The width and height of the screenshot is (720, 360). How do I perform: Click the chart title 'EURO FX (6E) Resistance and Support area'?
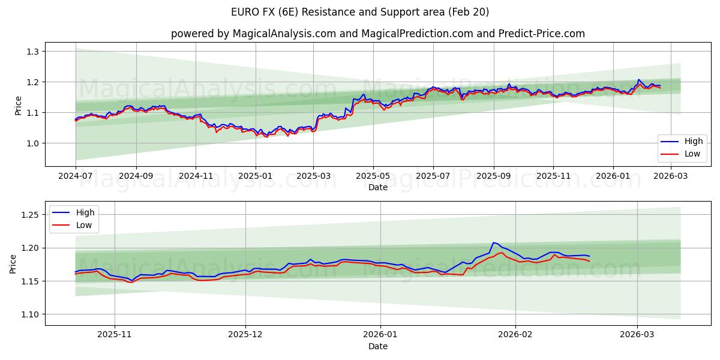[x=360, y=12]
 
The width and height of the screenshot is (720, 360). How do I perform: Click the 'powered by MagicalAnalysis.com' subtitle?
[x=253, y=34]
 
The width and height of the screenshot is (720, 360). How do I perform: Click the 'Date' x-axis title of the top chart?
[x=378, y=187]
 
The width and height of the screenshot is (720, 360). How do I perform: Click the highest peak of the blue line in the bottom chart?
[x=493, y=242]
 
